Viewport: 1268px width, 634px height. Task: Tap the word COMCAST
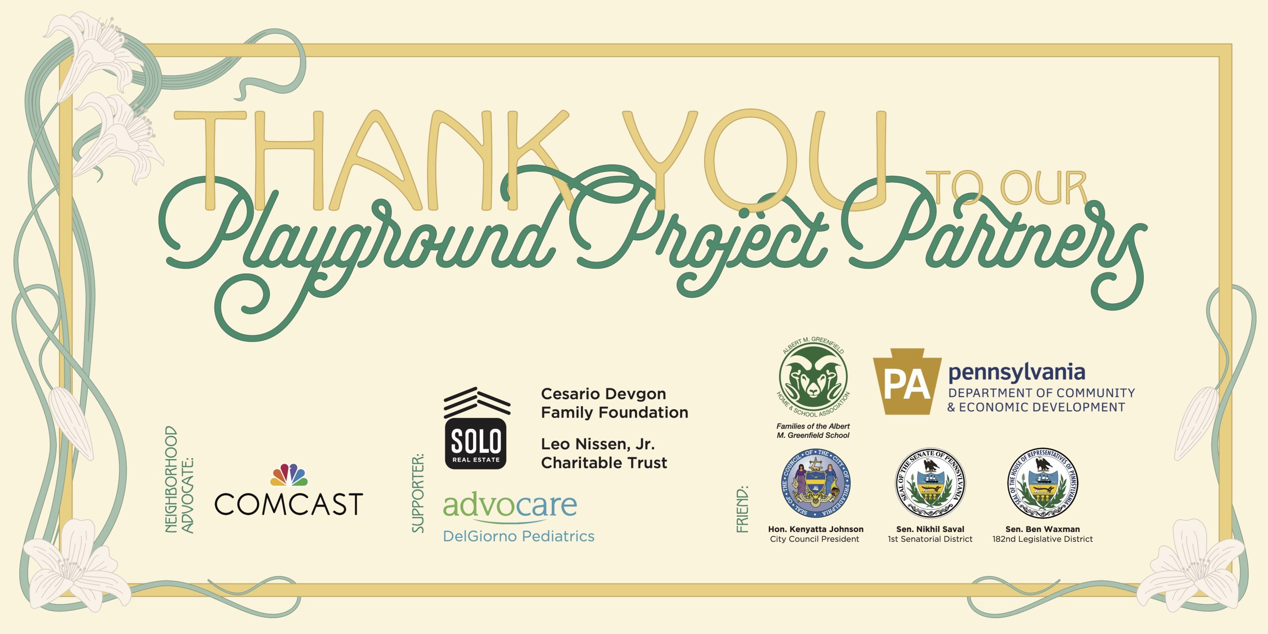289,504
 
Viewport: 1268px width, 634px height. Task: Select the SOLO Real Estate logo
476,428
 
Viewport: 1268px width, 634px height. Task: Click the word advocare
510,505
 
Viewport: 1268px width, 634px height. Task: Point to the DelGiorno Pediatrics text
519,536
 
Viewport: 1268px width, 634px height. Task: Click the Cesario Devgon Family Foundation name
614,403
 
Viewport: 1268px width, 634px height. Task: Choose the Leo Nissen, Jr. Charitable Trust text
604,453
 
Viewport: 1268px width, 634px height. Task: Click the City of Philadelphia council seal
815,483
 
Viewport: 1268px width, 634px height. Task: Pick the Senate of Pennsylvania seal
930,483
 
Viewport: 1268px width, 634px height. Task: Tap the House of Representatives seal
1042,483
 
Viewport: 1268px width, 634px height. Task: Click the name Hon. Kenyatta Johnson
815,529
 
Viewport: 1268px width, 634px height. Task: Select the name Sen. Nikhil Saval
930,529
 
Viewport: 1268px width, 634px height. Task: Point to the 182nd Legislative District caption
1042,539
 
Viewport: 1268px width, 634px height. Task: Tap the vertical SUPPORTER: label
418,493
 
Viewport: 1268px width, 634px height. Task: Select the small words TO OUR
1005,187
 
